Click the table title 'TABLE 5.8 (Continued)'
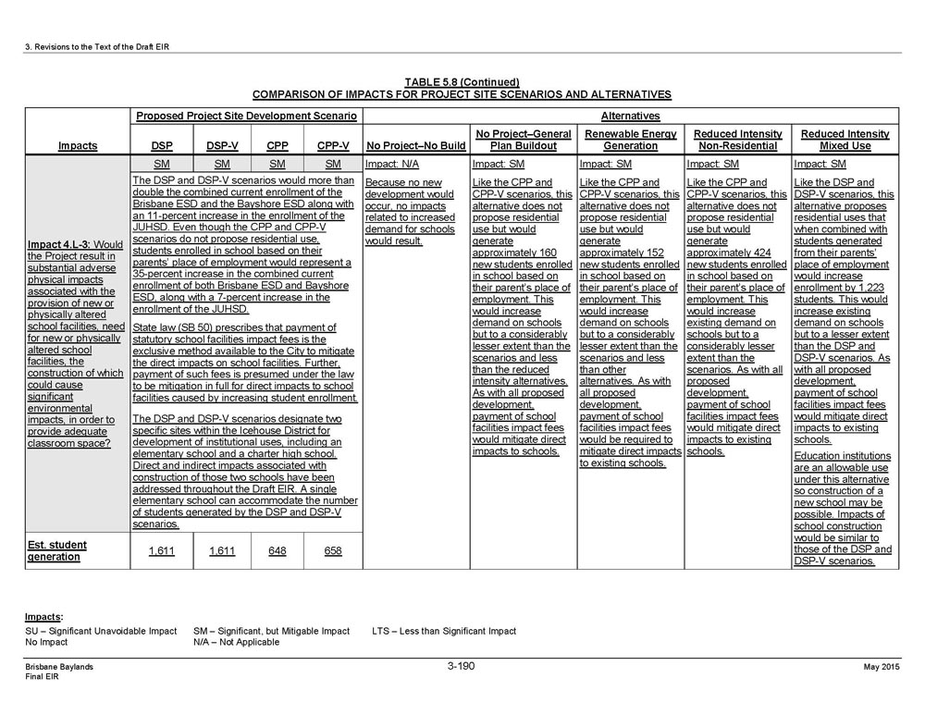[462, 82]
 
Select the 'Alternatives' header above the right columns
[630, 117]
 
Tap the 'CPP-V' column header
[333, 145]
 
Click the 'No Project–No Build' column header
[415, 145]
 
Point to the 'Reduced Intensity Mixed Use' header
[845, 140]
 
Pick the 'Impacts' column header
[77, 145]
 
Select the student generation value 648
[277, 551]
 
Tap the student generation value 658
[333, 551]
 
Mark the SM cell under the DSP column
[161, 164]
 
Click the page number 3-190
[461, 666]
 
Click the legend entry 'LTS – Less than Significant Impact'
[444, 631]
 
